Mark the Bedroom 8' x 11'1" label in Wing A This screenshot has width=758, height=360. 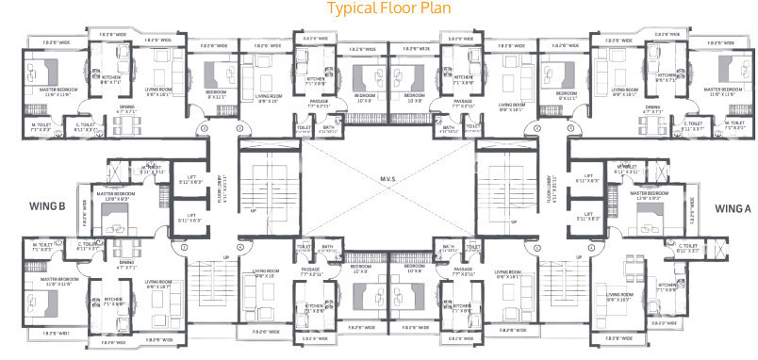pyautogui.click(x=566, y=95)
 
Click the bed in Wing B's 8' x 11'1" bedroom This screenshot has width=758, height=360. pyautogui.click(x=216, y=71)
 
